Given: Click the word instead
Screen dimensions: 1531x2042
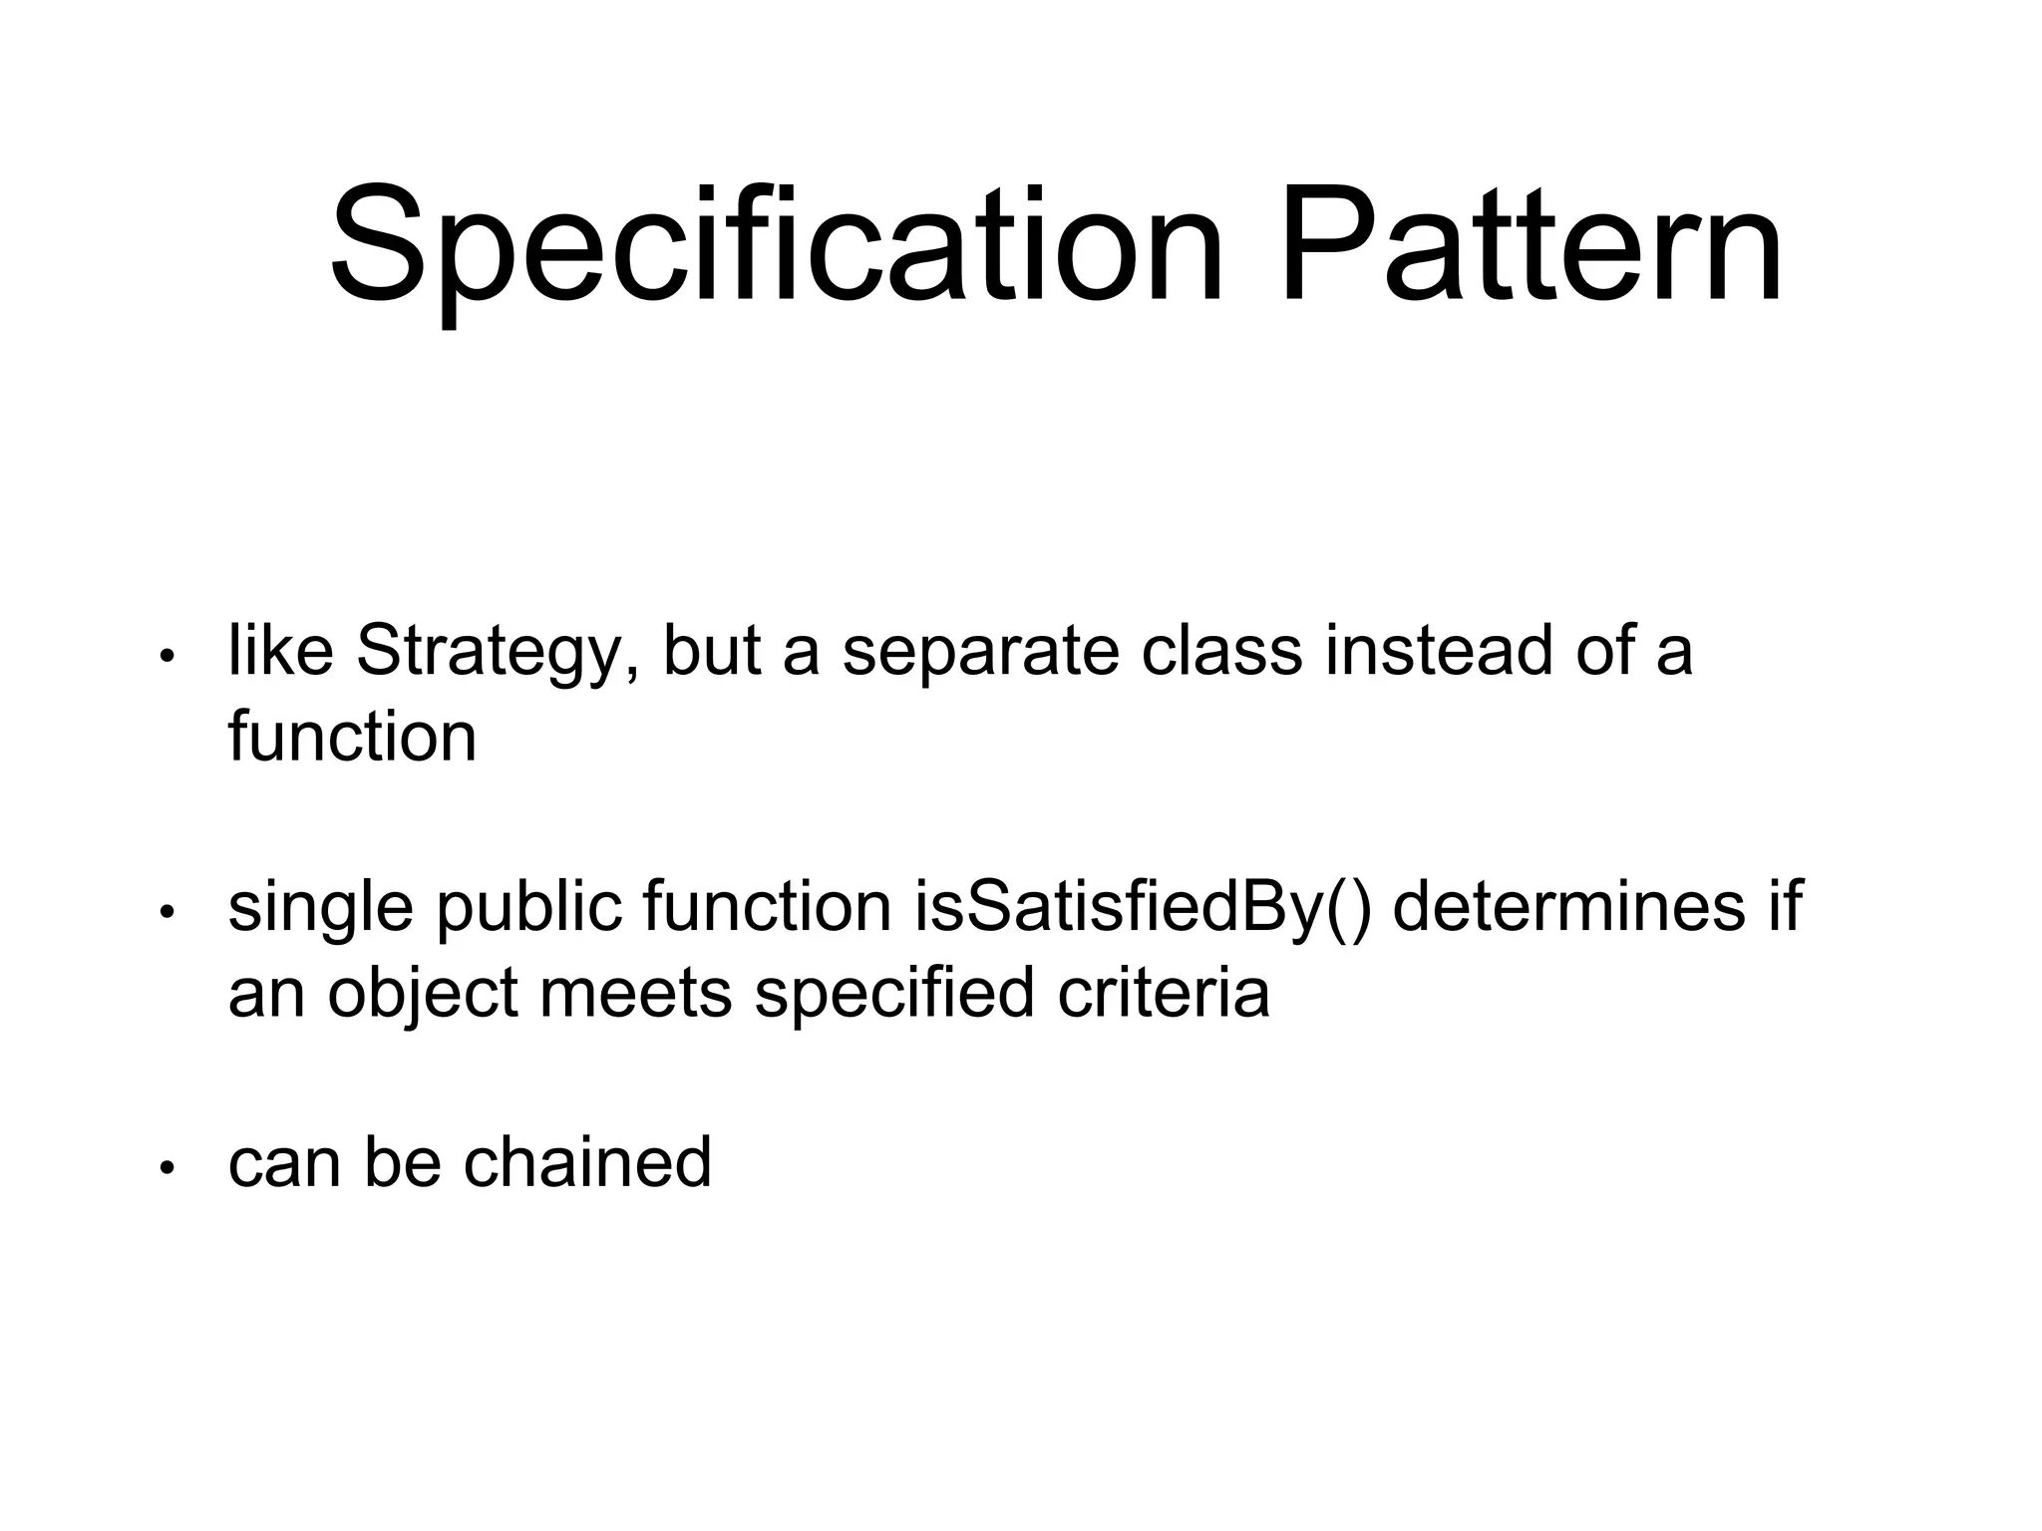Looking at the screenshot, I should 1439,652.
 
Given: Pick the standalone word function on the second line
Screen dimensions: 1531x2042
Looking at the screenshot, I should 352,738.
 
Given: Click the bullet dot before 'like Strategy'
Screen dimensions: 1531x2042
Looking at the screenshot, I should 168,656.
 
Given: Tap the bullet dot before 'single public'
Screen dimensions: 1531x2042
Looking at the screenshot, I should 168,911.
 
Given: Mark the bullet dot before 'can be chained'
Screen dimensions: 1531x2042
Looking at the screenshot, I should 168,1166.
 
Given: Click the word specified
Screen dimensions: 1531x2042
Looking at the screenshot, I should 894,995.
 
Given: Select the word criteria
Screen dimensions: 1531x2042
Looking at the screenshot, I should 1164,993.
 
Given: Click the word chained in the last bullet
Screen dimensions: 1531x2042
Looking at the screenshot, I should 587,1162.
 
